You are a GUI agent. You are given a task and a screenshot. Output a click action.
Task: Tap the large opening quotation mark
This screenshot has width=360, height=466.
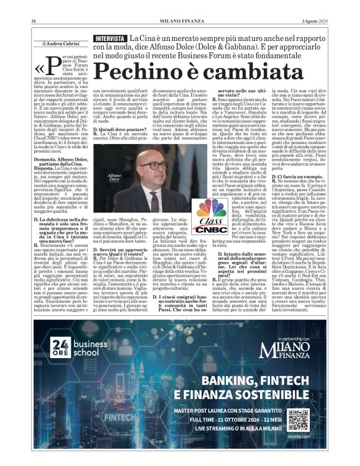point(41,67)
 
